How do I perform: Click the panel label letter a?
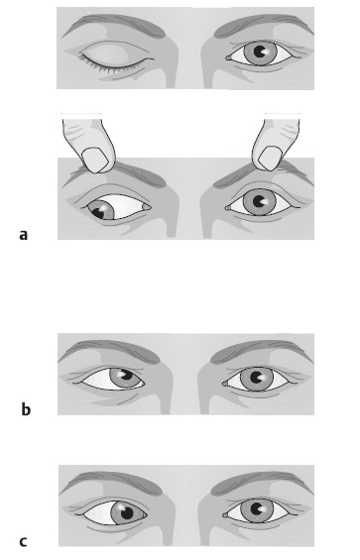[23, 235]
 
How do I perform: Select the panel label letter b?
[26, 409]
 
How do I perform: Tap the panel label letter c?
[23, 542]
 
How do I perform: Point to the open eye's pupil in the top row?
[260, 52]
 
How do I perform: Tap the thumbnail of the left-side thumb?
[95, 160]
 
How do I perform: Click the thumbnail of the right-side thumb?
[272, 159]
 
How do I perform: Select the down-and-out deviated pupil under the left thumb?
[98, 212]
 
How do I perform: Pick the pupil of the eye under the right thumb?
[260, 202]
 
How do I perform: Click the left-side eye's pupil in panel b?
[126, 375]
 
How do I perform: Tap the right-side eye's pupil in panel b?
[256, 378]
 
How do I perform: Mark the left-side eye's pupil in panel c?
[127, 513]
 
